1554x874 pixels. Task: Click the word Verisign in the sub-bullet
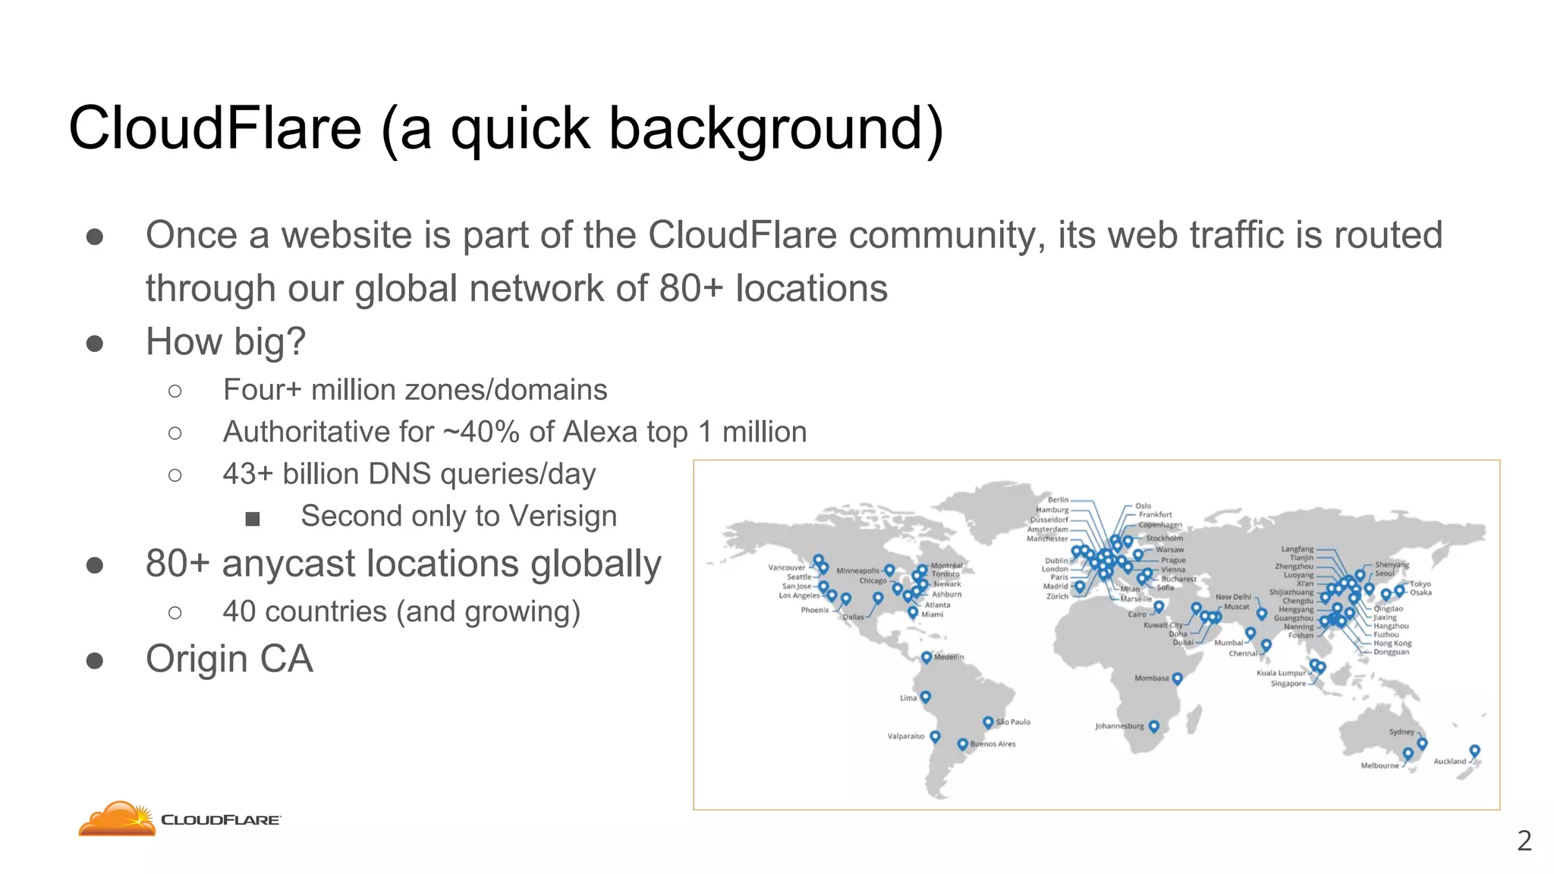pyautogui.click(x=563, y=516)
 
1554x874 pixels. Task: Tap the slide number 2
pyautogui.click(x=1524, y=841)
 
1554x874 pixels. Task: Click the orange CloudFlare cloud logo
pyautogui.click(x=117, y=819)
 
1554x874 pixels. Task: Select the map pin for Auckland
pyautogui.click(x=1474, y=750)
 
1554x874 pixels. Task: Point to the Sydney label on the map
pyautogui.click(x=1401, y=732)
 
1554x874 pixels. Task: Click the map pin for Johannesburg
pyautogui.click(x=1154, y=726)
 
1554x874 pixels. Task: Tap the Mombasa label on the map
pyautogui.click(x=1151, y=678)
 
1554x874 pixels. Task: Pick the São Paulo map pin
pyautogui.click(x=988, y=722)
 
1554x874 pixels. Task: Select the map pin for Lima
pyautogui.click(x=926, y=696)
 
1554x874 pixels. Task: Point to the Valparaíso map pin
pyautogui.click(x=935, y=736)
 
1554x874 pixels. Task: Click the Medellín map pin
pyautogui.click(x=926, y=657)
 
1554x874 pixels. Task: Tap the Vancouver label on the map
pyautogui.click(x=786, y=567)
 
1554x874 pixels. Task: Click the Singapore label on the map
pyautogui.click(x=1288, y=684)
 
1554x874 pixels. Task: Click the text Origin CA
pyautogui.click(x=229, y=659)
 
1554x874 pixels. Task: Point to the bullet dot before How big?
pyautogui.click(x=95, y=344)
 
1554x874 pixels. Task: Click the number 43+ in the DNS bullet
pyautogui.click(x=247, y=474)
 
